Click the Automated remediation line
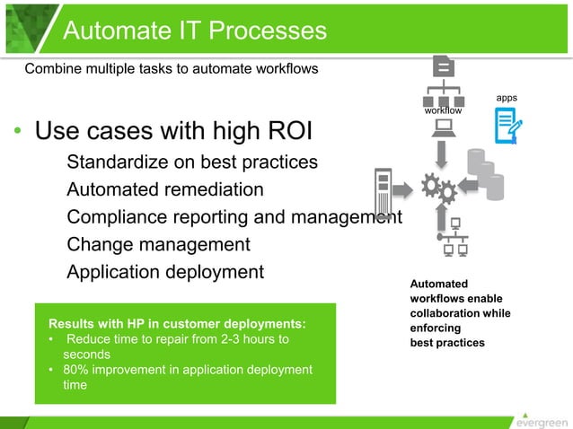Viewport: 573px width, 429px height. point(165,190)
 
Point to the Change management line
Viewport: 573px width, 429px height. point(158,244)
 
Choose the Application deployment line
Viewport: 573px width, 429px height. point(165,272)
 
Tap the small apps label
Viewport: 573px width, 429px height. point(507,97)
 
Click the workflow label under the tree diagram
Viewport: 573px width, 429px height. point(443,110)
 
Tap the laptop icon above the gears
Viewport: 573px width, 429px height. point(443,128)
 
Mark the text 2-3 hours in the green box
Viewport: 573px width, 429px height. point(251,339)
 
